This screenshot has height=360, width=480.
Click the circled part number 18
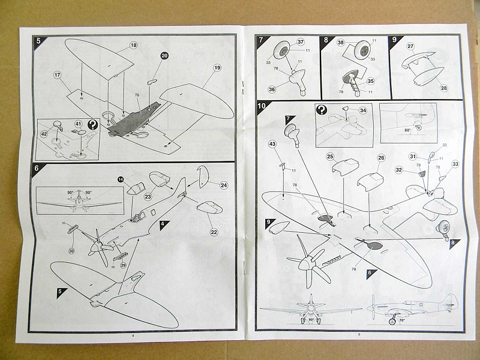(133, 46)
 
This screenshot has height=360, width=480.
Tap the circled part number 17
(58, 75)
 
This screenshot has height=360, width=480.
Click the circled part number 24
(224, 185)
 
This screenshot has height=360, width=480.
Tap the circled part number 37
(301, 42)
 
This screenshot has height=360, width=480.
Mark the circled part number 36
(271, 89)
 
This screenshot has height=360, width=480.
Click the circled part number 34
(362, 111)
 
